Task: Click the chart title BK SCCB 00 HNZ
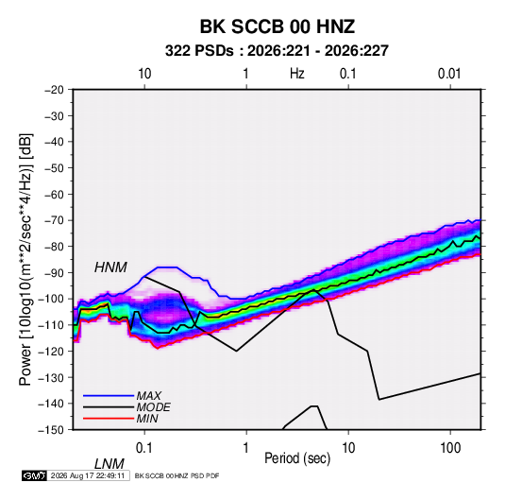tap(278, 26)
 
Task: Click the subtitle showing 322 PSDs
tap(277, 51)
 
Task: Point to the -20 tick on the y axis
tap(54, 90)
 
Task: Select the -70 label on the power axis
tap(54, 220)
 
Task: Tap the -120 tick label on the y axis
tap(51, 351)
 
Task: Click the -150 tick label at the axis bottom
tap(51, 430)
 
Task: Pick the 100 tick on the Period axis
tap(450, 448)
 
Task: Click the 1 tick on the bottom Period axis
tap(246, 448)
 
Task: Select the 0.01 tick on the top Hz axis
tap(449, 74)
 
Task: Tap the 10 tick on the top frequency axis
tap(144, 74)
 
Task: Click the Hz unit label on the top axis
tap(297, 74)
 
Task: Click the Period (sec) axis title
tap(297, 458)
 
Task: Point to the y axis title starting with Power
tap(25, 259)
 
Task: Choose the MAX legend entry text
tap(149, 396)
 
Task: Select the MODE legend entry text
tap(153, 407)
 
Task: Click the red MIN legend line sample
tap(109, 419)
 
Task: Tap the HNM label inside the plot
tap(110, 267)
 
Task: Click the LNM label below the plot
tap(109, 464)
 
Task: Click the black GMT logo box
tap(35, 475)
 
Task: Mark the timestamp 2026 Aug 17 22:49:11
tap(88, 475)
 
